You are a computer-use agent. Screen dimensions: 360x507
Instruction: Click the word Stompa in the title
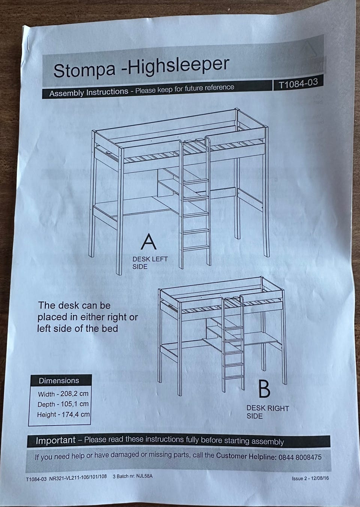84,70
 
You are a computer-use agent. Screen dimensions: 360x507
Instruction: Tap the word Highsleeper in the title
178,66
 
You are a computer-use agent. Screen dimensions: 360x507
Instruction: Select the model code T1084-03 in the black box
298,84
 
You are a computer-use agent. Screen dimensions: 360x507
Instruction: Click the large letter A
148,242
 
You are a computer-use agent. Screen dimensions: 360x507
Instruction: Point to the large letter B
264,389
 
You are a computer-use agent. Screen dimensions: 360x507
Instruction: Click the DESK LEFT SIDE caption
150,263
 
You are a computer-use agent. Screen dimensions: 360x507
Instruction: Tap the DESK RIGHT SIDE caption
268,412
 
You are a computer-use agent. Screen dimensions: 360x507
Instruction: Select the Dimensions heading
59,381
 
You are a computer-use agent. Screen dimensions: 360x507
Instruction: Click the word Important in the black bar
55,440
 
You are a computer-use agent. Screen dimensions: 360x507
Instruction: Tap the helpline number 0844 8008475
300,457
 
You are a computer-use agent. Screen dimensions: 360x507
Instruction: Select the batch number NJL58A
144,476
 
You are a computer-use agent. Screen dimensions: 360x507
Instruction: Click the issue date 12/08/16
320,478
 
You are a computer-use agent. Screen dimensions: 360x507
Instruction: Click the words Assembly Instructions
89,92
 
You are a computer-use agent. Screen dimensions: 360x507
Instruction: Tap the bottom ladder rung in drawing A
196,248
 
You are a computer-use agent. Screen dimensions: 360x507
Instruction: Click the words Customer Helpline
246,456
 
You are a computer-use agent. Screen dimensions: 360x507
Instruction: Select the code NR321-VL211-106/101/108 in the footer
78,477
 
